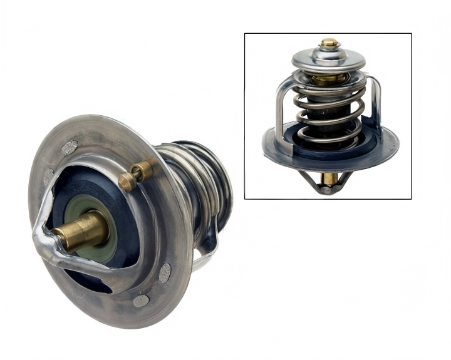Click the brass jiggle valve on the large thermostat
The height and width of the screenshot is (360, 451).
(137, 175)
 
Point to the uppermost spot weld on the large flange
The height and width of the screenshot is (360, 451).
(70, 148)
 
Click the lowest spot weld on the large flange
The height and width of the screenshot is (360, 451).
(140, 301)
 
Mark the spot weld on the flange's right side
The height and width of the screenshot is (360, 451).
(165, 272)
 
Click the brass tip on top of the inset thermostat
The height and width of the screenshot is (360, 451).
(329, 44)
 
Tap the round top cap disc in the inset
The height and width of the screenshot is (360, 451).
(329, 60)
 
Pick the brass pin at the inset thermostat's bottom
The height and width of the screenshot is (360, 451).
(328, 179)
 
